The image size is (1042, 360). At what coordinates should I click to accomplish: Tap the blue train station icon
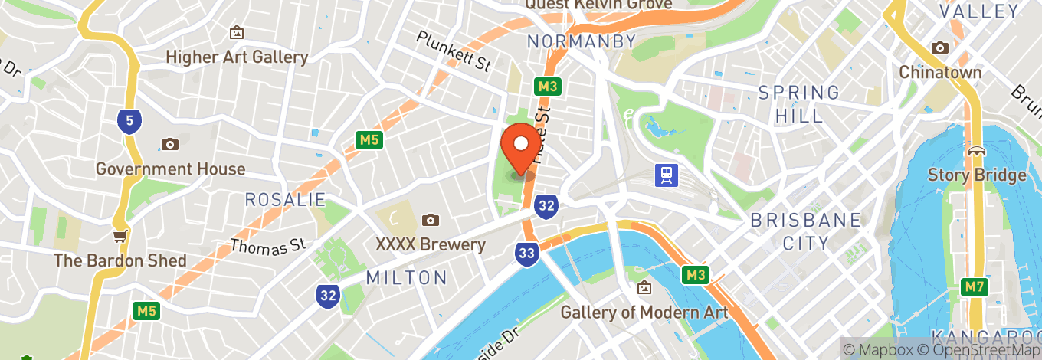pyautogui.click(x=665, y=175)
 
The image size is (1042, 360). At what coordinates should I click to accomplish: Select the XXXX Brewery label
pyautogui.click(x=431, y=244)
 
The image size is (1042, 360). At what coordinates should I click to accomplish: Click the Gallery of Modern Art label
pyautogui.click(x=644, y=312)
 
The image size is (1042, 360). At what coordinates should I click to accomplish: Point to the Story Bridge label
pyautogui.click(x=976, y=175)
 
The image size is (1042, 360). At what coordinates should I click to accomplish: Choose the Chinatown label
pyautogui.click(x=940, y=72)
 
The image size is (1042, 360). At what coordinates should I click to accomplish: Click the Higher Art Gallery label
pyautogui.click(x=237, y=57)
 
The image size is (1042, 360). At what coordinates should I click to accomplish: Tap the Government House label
pyautogui.click(x=170, y=169)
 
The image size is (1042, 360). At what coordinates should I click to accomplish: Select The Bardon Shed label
pyautogui.click(x=120, y=260)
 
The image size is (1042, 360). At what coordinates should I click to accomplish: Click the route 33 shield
pyautogui.click(x=526, y=254)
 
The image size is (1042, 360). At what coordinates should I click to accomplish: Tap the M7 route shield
pyautogui.click(x=973, y=287)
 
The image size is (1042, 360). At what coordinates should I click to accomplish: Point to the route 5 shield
pyautogui.click(x=129, y=120)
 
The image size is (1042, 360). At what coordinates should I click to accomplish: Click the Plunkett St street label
pyautogui.click(x=454, y=51)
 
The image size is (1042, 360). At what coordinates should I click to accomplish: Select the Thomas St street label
pyautogui.click(x=268, y=247)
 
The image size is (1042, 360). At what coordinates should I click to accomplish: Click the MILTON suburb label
pyautogui.click(x=406, y=277)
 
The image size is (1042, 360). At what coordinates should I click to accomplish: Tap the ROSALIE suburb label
pyautogui.click(x=285, y=200)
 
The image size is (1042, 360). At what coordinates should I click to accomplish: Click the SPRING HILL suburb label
pyautogui.click(x=799, y=104)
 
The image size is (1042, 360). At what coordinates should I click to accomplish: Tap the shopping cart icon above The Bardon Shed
pyautogui.click(x=120, y=235)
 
